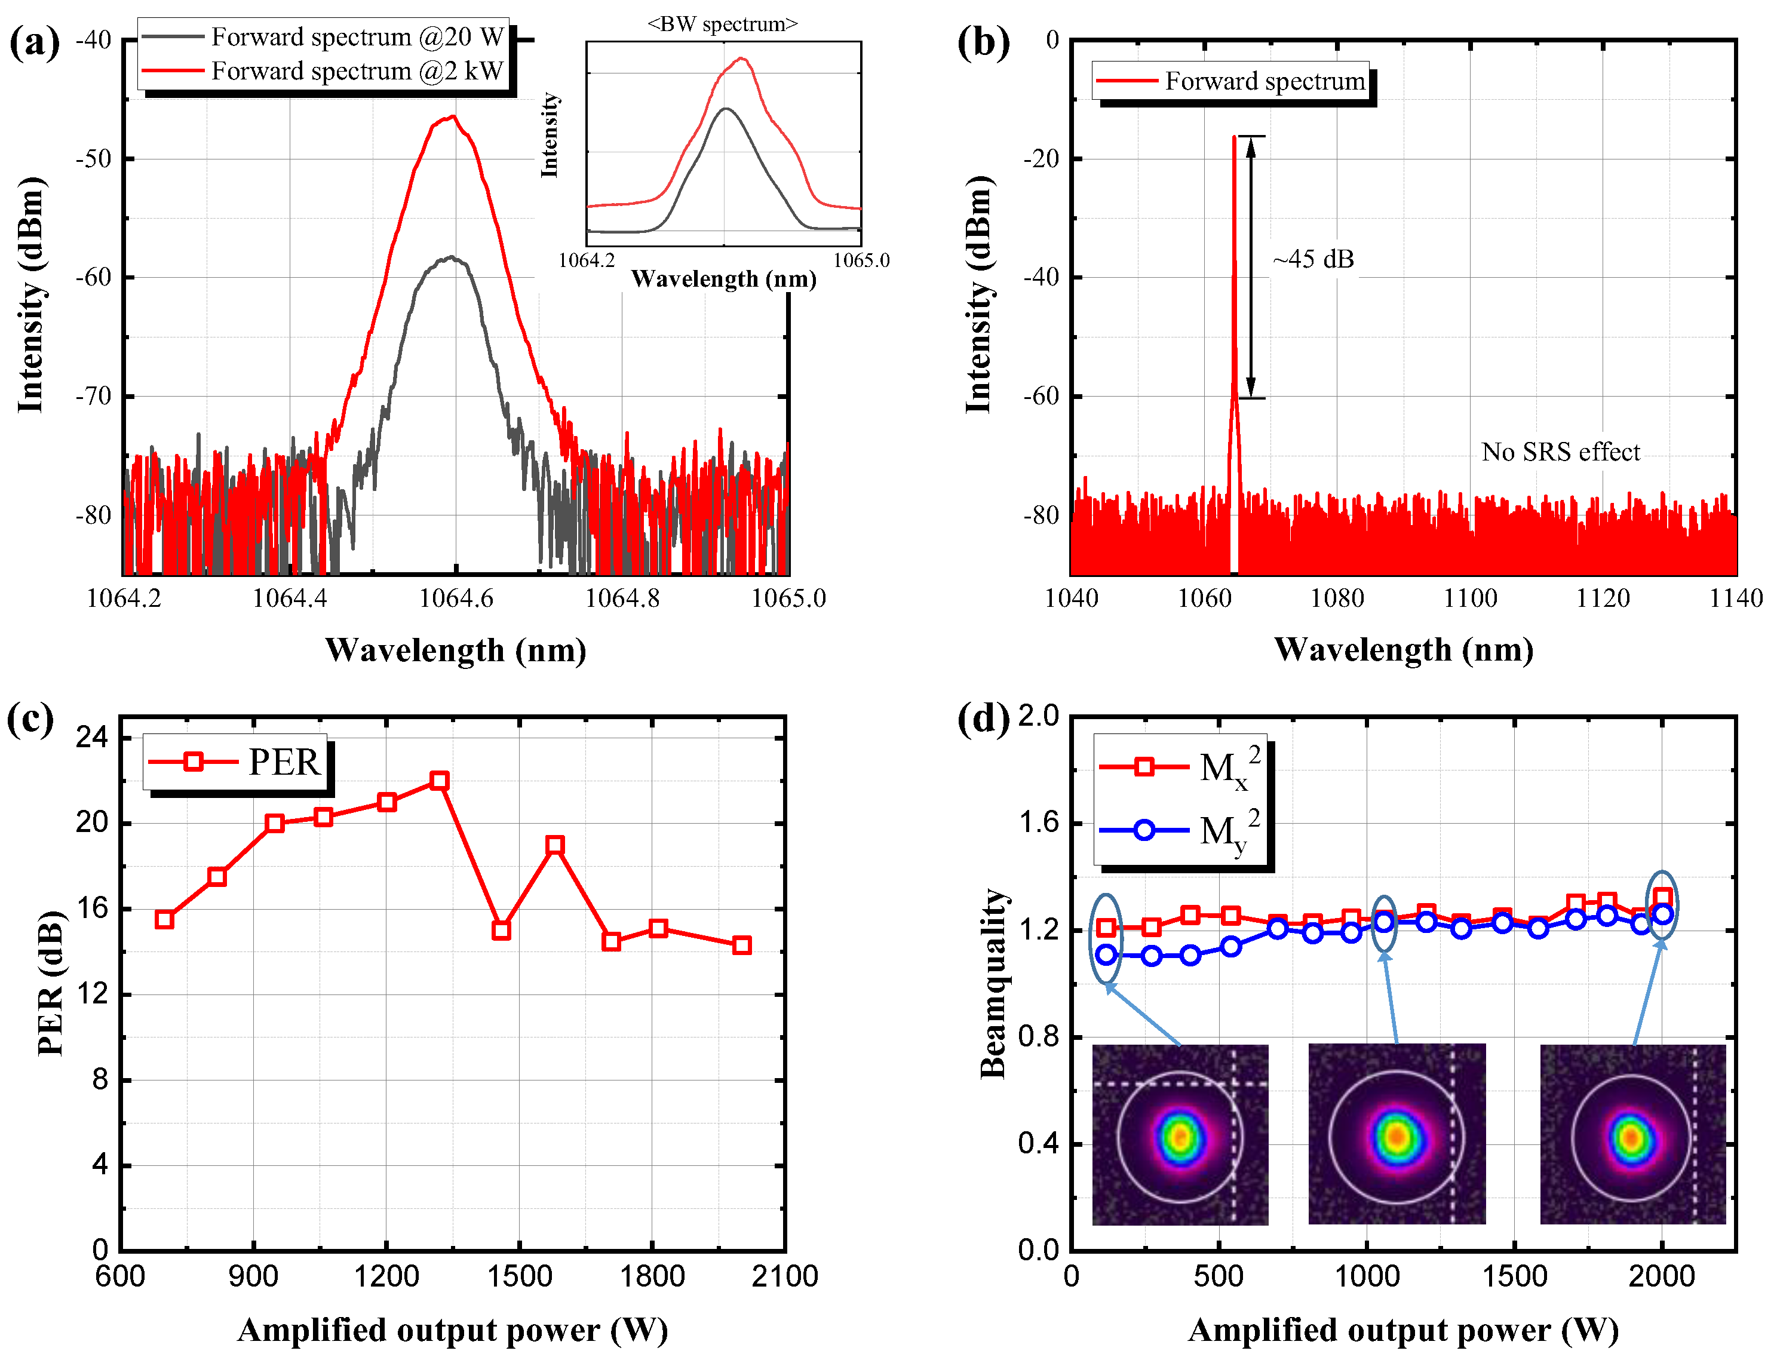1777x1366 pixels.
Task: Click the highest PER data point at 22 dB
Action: point(439,781)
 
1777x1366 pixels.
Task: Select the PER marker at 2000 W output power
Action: point(741,945)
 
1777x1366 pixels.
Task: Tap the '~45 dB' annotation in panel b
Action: point(1313,259)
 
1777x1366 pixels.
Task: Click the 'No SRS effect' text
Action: point(1560,452)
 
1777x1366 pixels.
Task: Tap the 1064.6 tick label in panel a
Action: point(455,598)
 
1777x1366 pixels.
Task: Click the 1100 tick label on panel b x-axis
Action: point(1470,598)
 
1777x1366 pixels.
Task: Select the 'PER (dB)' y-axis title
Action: point(50,983)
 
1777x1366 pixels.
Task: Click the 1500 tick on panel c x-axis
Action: point(520,1276)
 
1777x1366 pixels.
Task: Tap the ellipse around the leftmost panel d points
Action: point(1106,939)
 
